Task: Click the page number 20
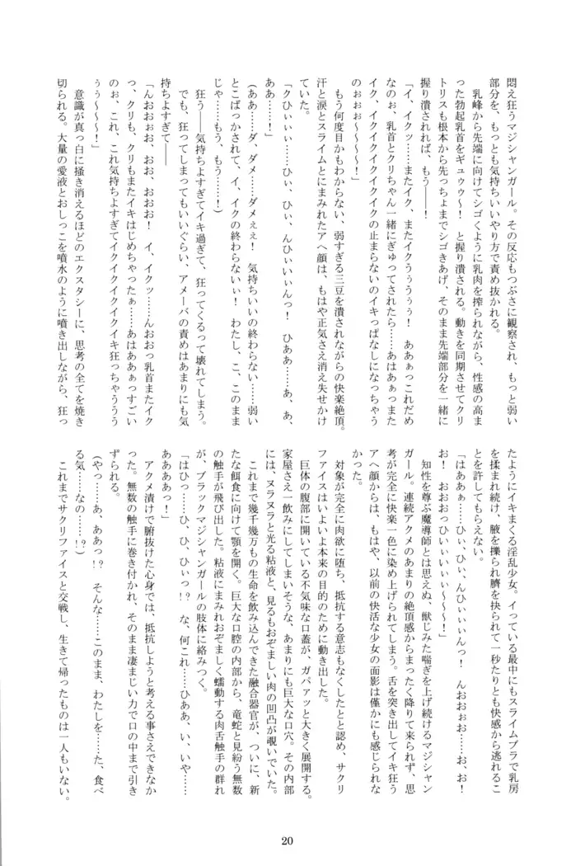(x=286, y=840)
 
